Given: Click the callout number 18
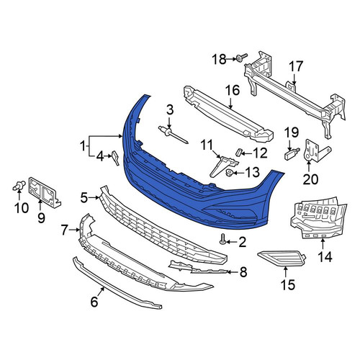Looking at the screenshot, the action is coord(219,59).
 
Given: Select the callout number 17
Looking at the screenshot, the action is coord(296,66).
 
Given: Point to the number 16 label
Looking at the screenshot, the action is coord(233,90).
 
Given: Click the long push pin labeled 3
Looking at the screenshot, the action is coord(173,135).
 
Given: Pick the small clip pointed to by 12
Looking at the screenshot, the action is coord(239,152).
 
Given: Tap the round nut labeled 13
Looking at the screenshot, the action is coord(230,172).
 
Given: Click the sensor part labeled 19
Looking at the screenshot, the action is coord(292,153).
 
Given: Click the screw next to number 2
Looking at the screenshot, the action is coord(222,239).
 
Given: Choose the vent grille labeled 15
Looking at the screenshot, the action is coord(282,258).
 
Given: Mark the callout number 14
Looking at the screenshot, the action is coord(325,257).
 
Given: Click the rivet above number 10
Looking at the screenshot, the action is coord(19,186).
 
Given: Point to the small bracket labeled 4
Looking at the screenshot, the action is coord(115,158).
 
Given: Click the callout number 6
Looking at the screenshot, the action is coord(94,302).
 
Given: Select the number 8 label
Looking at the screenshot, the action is coord(243,272).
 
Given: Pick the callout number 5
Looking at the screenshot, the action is coord(84,198).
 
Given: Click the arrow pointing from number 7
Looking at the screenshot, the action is coord(74,230).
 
